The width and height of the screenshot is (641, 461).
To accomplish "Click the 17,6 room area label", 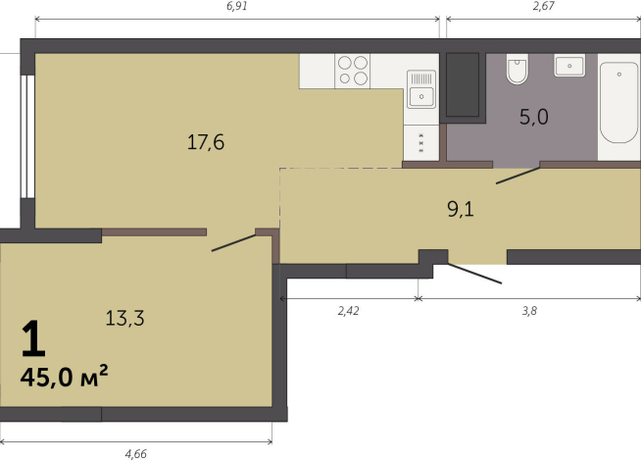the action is pos(206,143).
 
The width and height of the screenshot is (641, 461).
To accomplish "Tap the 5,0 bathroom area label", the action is pos(534,117).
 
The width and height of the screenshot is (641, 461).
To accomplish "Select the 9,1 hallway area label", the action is pos(461,210).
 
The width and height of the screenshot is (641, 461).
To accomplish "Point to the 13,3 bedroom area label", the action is pos(124,318).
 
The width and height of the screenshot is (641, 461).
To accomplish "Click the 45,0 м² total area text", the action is pos(64,376).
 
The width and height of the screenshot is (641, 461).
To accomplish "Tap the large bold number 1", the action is pos(33,338).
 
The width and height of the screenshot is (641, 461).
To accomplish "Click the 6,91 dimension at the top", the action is pos(237,7).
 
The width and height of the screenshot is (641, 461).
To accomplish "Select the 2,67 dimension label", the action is pos(544,7).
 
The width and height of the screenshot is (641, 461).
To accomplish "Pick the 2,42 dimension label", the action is pos(348,311).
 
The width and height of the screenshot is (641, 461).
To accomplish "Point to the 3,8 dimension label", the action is pos(529,311).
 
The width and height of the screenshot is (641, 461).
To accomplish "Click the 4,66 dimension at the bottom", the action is pos(135,454).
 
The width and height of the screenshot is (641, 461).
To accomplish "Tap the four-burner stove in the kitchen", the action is pos(353,71).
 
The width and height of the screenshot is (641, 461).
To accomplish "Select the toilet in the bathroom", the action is pos(518,70).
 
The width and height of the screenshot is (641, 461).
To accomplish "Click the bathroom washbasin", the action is pos(569,66).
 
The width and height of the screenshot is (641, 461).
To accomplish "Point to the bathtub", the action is pos(618,102).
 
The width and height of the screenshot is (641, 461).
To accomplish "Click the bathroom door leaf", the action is pos(518,176).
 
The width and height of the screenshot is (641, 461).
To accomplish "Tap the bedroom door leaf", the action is pos(233,243).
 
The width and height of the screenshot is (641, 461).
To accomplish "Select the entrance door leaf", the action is pos(474,274).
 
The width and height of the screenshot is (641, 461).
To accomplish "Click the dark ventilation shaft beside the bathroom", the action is pos(463,84).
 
